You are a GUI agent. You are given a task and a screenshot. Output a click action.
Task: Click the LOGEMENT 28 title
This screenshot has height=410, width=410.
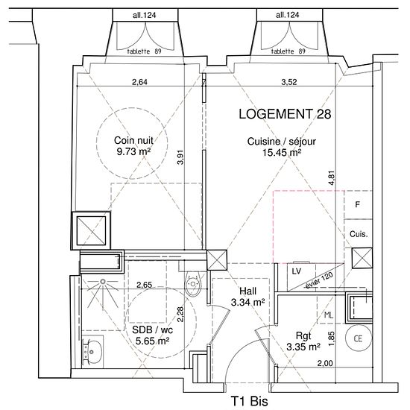[x=285, y=114]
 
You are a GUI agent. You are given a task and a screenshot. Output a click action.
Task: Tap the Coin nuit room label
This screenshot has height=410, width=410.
[x=133, y=140]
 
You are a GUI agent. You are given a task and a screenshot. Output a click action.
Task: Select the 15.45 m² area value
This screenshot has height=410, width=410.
[x=282, y=152]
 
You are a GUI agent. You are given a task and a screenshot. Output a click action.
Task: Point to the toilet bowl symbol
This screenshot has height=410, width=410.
[x=193, y=284]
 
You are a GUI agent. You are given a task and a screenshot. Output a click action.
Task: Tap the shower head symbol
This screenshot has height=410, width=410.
[x=103, y=282]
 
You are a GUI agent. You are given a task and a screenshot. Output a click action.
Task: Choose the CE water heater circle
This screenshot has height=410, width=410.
[x=358, y=338]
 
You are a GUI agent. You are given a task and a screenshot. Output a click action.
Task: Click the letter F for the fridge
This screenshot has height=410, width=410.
[x=357, y=204]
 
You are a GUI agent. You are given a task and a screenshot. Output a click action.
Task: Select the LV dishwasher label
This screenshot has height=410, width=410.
[x=296, y=271]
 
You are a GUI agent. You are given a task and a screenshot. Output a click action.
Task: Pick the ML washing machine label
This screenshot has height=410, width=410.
[x=329, y=315]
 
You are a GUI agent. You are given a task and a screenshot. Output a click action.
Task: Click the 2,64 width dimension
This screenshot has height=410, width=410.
[x=139, y=82]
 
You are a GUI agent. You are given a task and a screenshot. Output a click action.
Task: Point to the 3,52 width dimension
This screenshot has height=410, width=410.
[x=289, y=82]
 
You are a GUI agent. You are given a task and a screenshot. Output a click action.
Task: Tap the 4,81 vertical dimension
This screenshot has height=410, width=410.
[x=331, y=178]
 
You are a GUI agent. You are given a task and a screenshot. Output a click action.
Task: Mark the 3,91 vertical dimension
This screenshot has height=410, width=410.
[x=180, y=157]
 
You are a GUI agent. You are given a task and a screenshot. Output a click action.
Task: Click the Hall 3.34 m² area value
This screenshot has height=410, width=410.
[x=248, y=303]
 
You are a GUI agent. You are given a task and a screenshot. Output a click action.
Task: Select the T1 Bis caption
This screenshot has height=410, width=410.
[x=250, y=400]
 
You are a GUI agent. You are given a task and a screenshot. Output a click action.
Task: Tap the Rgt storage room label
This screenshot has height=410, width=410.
[x=303, y=336]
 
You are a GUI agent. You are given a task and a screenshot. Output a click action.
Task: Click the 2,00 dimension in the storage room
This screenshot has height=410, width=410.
[x=325, y=363]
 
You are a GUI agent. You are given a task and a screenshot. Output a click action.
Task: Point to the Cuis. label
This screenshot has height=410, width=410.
[x=359, y=234]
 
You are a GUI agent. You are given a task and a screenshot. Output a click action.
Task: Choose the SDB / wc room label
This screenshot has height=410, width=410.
[x=152, y=330]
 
